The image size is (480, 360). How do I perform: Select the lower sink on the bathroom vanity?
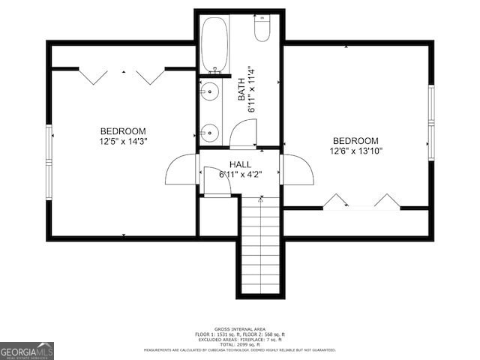[x=209, y=133]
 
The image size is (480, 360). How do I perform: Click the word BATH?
[x=241, y=90]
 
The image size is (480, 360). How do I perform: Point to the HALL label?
[x=240, y=164]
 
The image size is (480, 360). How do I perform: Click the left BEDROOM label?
[x=123, y=131]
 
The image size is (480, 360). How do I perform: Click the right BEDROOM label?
[x=355, y=141]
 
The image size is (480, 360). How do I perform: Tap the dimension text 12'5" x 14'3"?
[x=123, y=141]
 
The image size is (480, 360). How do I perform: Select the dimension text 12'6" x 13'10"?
[x=355, y=151]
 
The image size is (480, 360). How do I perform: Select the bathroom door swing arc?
[x=243, y=133]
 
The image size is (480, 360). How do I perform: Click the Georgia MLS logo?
[x=27, y=350]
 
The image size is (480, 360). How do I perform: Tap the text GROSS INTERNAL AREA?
[x=239, y=329]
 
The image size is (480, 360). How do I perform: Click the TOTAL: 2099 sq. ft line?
[x=239, y=344]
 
